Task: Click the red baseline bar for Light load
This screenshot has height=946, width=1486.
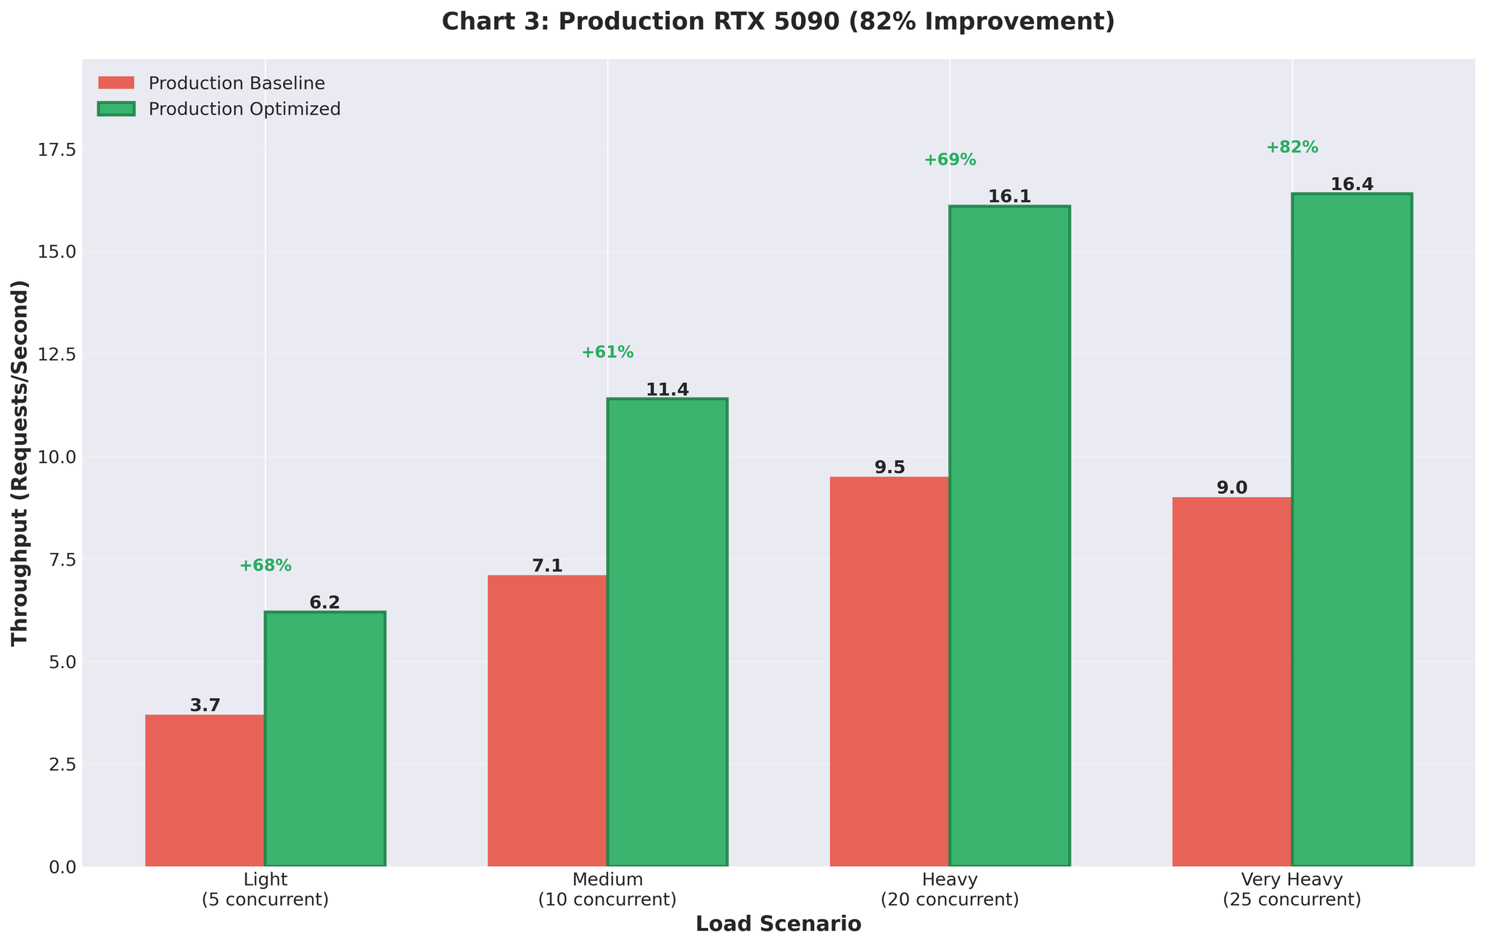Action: [x=205, y=790]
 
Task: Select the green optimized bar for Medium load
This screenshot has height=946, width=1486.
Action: [x=668, y=631]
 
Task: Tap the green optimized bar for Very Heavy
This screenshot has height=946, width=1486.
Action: [x=1352, y=530]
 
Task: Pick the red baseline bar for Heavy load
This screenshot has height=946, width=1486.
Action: [x=890, y=671]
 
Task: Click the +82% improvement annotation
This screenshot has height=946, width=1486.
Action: [x=1292, y=147]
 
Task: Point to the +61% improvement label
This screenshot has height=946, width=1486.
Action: [x=607, y=353]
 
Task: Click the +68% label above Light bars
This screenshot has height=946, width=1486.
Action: [x=266, y=565]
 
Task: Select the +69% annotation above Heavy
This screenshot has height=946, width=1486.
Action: [x=950, y=160]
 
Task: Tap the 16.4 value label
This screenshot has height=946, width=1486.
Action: [x=1352, y=184]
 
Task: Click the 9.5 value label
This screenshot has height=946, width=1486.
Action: [x=890, y=467]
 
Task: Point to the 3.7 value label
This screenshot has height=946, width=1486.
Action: [x=205, y=705]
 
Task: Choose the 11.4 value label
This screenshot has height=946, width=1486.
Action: [x=668, y=390]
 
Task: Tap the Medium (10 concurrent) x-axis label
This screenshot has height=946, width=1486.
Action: [x=607, y=889]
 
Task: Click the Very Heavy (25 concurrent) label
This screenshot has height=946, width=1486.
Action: [x=1292, y=889]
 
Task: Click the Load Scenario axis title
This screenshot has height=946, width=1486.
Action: [x=778, y=924]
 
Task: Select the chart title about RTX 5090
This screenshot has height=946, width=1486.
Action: [x=778, y=22]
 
